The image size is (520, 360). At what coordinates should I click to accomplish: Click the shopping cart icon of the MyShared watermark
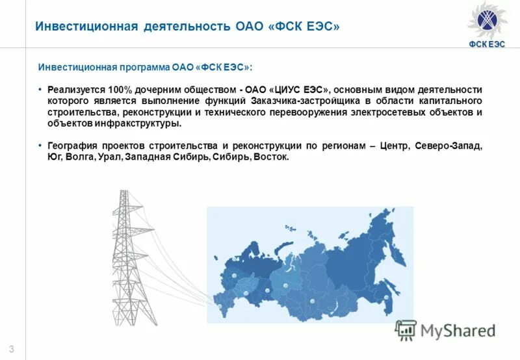pyautogui.click(x=406, y=330)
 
